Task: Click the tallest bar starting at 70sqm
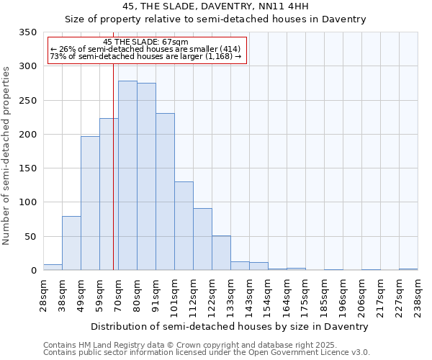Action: [x=127, y=176]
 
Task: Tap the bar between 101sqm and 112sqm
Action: [x=184, y=226]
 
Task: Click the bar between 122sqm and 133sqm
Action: [x=221, y=253]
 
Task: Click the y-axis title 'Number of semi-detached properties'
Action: [x=7, y=156]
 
